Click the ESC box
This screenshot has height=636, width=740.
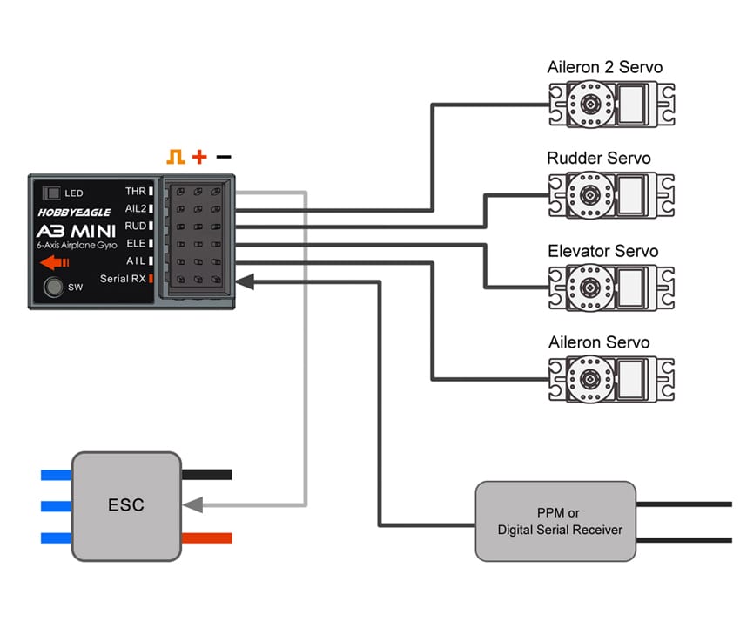(126, 505)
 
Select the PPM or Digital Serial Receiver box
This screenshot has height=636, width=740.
(555, 521)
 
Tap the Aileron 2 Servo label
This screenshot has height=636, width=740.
(604, 67)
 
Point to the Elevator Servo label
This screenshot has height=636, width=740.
(602, 252)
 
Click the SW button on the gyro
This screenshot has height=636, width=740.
(54, 287)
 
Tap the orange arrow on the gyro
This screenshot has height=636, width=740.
(53, 261)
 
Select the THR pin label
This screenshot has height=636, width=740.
(136, 191)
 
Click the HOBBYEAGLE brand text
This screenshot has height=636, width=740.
(74, 212)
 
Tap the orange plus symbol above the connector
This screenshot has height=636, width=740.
(199, 157)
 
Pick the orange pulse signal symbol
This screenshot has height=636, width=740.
(177, 157)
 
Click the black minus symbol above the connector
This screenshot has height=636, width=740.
(224, 157)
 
